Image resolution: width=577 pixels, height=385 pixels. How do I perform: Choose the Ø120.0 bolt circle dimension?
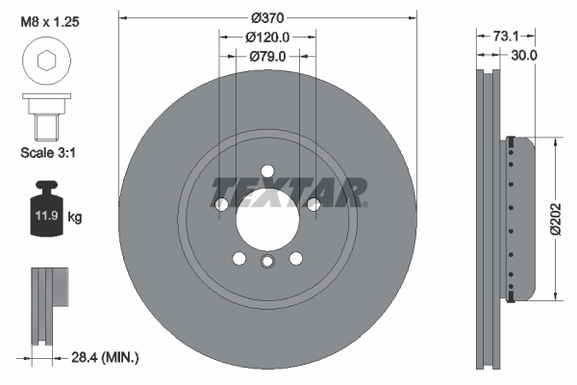[268, 37]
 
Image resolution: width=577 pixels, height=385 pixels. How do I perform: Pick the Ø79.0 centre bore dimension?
[268, 57]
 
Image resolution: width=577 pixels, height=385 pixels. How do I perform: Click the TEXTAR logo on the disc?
[288, 192]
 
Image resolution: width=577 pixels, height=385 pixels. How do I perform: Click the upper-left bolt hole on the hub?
[221, 204]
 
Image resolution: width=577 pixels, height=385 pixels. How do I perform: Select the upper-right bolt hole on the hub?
[314, 203]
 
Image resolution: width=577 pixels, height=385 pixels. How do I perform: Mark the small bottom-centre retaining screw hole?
[267, 261]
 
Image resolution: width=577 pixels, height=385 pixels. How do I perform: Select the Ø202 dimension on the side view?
[557, 219]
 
